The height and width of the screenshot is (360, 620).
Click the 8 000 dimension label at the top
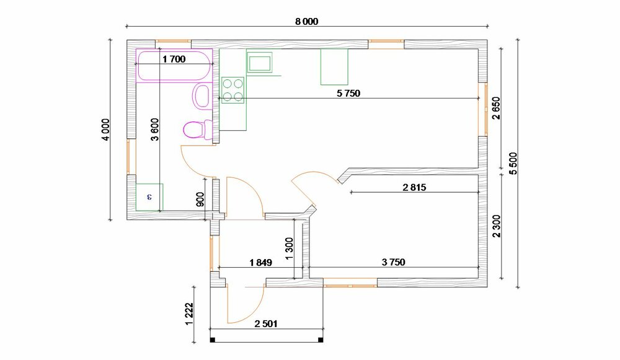pos(306,21)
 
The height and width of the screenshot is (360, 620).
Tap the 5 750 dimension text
pos(348,94)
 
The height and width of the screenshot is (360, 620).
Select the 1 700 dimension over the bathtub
pos(174,59)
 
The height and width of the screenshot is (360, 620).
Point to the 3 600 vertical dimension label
pos(154,130)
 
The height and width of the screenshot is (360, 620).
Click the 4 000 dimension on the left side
pos(105,130)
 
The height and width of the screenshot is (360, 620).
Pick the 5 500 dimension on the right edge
pos(513,164)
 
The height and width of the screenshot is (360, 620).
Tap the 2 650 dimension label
pos(496,108)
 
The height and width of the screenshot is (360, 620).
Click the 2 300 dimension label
pos(496,226)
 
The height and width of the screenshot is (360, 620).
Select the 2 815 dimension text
pos(414,187)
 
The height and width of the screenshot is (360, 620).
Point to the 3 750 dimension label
pos(394,262)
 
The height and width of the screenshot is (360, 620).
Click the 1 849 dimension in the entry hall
pos(260,262)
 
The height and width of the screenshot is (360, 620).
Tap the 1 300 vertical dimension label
pos(289,248)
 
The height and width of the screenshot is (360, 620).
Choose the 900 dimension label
pos(200,200)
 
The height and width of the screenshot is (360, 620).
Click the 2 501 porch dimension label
pos(266,324)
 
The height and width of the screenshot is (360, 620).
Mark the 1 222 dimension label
pos(189,314)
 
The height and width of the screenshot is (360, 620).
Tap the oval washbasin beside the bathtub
pos(201,95)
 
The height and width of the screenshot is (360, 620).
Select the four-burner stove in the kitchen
pos(233,90)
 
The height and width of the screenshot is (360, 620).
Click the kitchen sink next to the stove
pos(259,63)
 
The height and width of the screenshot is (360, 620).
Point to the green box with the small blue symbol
pos(149,197)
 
